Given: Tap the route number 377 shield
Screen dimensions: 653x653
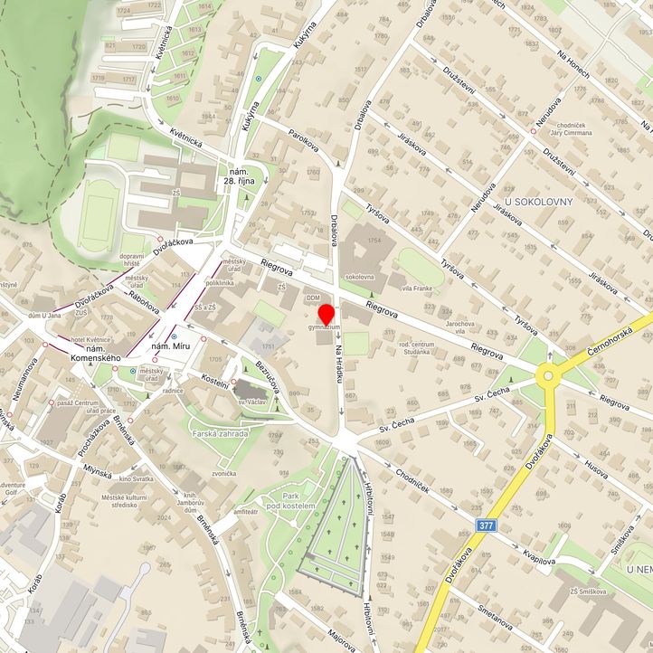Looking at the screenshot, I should (486, 525).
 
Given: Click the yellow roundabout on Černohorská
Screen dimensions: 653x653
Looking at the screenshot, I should (547, 374).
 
